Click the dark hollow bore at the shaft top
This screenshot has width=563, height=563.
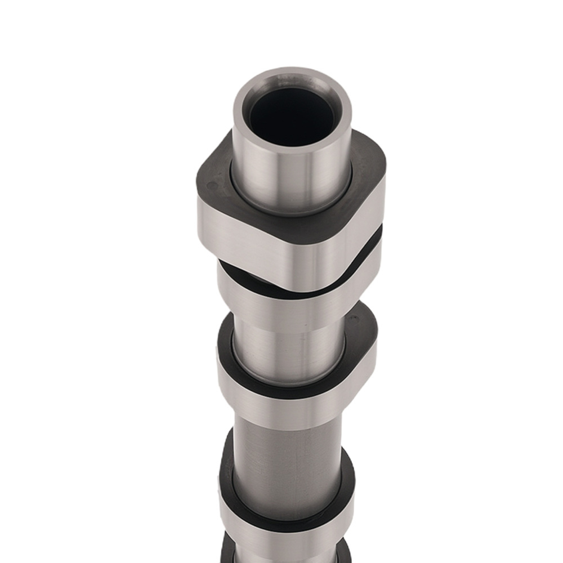click(x=292, y=115)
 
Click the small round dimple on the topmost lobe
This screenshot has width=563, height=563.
click(x=212, y=184)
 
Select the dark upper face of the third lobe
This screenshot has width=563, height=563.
click(x=360, y=338)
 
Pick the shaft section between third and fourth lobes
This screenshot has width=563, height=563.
click(x=287, y=462)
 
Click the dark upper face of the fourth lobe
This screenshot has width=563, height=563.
click(x=346, y=484)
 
